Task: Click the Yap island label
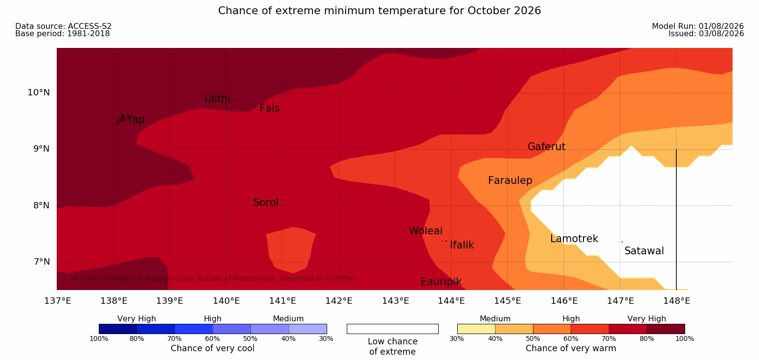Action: click(135, 119)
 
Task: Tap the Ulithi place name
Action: click(217, 99)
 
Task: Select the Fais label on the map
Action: click(270, 108)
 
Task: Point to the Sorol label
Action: click(266, 202)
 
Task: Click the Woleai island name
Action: click(425, 231)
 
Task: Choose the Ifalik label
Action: click(462, 245)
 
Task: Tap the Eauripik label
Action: click(441, 282)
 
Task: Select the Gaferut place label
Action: click(547, 147)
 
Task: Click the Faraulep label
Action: click(510, 180)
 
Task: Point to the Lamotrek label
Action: click(574, 239)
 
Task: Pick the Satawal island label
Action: click(644, 251)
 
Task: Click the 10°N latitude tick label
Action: click(39, 92)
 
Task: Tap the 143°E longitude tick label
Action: click(396, 301)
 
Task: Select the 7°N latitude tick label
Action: click(42, 262)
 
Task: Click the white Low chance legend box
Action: click(393, 329)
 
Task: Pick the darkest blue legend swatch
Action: click(118, 329)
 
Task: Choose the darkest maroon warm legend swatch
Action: click(666, 329)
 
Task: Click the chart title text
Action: click(379, 11)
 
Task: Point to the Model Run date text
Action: click(698, 26)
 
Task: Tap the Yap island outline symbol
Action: click(121, 119)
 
